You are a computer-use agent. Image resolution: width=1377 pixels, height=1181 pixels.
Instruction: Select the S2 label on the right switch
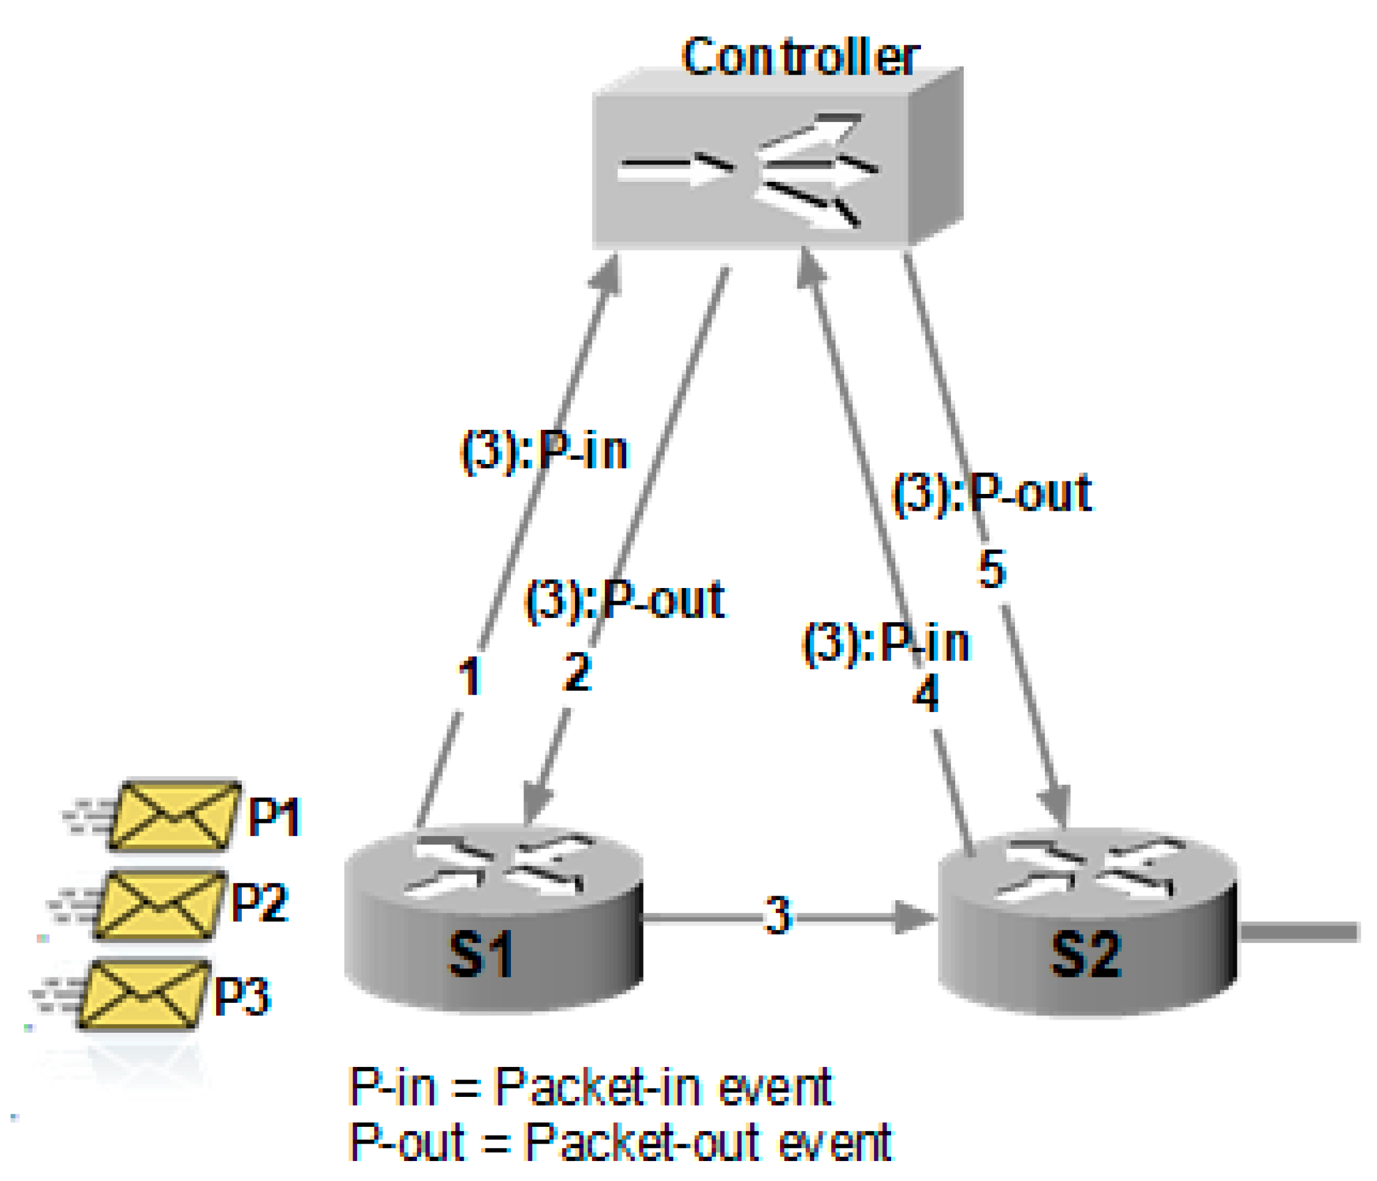(x=1086, y=954)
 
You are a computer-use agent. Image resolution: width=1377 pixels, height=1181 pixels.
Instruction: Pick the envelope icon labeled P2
(x=160, y=905)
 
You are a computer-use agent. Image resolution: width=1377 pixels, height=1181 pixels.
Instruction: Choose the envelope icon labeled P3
(x=143, y=994)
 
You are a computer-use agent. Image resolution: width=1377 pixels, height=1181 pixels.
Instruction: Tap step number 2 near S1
(x=577, y=672)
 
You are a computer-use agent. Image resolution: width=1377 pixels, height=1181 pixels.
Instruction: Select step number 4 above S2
(x=926, y=693)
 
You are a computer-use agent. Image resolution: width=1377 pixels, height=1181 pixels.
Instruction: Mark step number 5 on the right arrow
(x=991, y=569)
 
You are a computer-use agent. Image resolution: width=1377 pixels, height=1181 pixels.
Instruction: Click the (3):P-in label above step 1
(x=543, y=452)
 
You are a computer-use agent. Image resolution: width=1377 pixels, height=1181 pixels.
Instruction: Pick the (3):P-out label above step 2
(x=625, y=600)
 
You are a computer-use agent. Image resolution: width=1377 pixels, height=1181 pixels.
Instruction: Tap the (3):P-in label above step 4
(x=887, y=643)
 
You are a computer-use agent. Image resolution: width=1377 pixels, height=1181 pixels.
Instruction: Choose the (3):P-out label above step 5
(x=991, y=493)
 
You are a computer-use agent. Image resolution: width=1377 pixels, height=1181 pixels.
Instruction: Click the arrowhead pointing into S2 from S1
(x=914, y=918)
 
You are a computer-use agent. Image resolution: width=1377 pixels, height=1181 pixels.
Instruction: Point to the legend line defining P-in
(x=590, y=1088)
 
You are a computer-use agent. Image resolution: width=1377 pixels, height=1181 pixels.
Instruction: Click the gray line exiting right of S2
(x=1299, y=932)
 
